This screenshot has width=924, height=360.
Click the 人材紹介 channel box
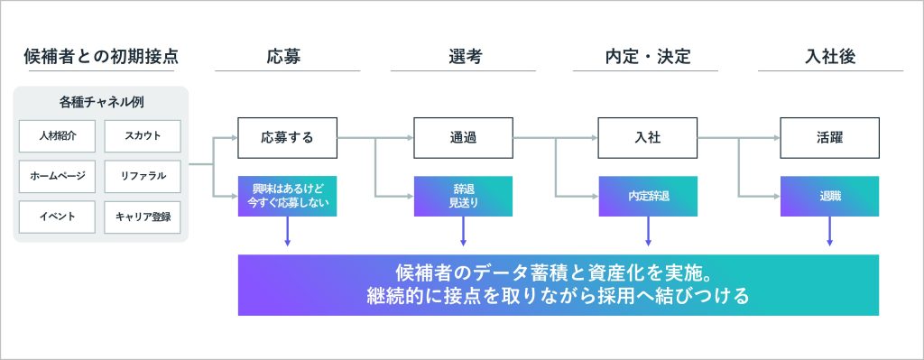57,136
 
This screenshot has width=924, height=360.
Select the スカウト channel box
143,136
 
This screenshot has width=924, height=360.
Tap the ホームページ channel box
57,176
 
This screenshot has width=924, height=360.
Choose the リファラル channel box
143,176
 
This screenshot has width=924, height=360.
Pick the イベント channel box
57,217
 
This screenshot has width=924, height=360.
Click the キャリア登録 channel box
143,217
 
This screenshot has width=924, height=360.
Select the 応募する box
288,138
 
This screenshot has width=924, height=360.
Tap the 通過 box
463,138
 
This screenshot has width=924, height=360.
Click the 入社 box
648,138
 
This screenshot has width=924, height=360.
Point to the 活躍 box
830,138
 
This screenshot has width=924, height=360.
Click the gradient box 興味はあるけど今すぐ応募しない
288,196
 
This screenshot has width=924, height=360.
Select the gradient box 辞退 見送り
463,196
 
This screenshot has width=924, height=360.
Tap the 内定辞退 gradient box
648,196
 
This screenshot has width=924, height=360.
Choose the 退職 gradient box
830,196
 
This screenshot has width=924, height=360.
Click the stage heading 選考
463,57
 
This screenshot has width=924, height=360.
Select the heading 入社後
830,57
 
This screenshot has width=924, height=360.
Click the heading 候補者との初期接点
101,57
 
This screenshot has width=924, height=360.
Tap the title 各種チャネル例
101,102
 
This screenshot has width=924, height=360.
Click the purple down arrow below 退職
830,231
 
